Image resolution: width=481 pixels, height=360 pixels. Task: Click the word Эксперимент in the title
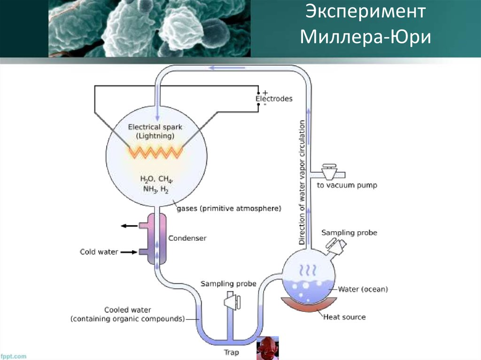(365, 12)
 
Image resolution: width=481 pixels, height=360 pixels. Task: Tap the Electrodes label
(274, 99)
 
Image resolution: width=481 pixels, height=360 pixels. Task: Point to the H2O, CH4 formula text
(156, 179)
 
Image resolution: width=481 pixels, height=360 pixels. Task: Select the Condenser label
(187, 238)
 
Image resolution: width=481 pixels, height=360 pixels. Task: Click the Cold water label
(99, 252)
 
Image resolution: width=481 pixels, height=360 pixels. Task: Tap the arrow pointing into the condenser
(129, 253)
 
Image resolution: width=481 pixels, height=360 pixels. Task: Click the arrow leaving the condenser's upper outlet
(129, 226)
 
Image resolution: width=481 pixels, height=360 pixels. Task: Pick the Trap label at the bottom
(231, 352)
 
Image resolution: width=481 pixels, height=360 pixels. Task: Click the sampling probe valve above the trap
(232, 301)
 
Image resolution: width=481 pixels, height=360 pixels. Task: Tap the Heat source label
(344, 317)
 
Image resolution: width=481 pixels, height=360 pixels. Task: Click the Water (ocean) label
(363, 289)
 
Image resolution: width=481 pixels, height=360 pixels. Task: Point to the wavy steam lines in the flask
(308, 271)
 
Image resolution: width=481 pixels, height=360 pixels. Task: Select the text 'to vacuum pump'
(347, 185)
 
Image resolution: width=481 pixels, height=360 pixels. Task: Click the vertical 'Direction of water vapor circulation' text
(302, 183)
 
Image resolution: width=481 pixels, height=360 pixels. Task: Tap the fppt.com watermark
(13, 356)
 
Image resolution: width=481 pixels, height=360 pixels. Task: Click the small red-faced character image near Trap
(267, 348)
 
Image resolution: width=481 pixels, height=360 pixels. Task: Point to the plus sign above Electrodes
(265, 92)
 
